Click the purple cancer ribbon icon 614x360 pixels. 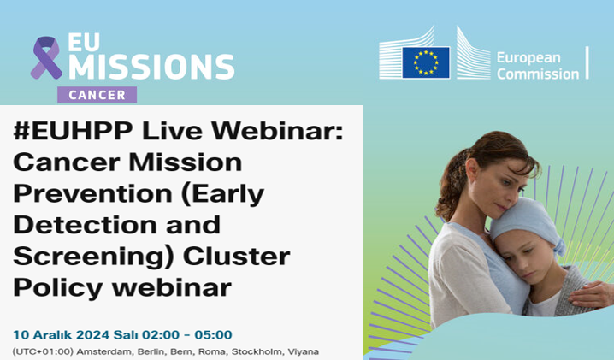[x=46, y=57]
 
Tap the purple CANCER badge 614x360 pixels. [x=97, y=95]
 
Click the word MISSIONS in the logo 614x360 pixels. [x=151, y=67]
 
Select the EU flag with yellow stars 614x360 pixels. [x=426, y=62]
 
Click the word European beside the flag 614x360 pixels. [x=528, y=58]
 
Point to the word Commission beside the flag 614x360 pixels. [x=538, y=74]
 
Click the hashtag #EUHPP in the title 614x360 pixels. [x=74, y=131]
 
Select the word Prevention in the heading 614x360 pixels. [x=93, y=193]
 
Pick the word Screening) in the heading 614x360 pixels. [x=93, y=257]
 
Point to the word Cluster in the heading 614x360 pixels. [x=237, y=257]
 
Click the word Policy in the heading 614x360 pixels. [x=58, y=289]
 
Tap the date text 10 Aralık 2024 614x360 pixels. [x=61, y=335]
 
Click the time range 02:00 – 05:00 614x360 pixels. [x=186, y=335]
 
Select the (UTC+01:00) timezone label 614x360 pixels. [x=43, y=351]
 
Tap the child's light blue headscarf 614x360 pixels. [x=528, y=222]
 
